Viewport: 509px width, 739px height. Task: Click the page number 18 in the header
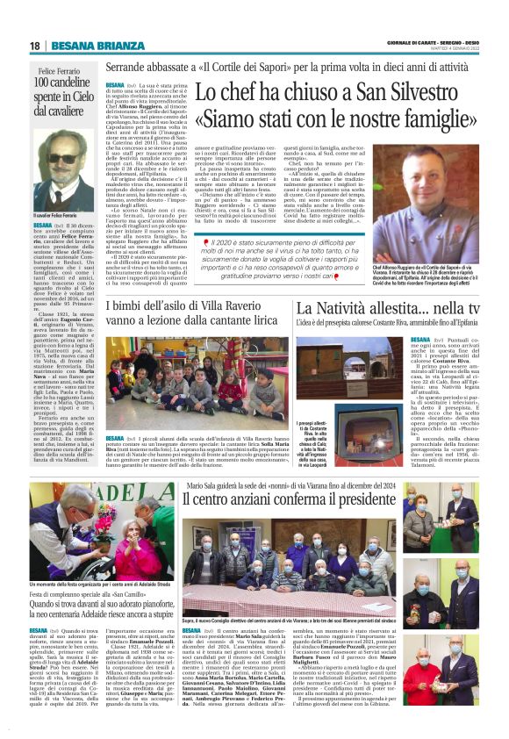[35, 46]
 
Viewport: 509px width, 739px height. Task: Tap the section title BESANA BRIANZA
[90, 46]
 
